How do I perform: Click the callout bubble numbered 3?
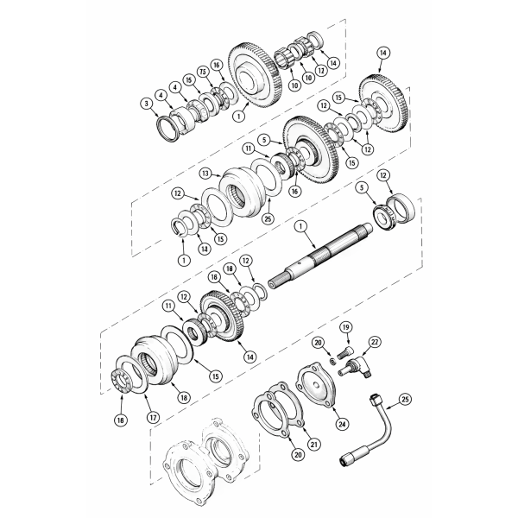tap(148, 104)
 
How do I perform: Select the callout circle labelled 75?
tap(202, 71)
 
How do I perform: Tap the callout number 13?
tap(205, 173)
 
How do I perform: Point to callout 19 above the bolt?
tap(344, 327)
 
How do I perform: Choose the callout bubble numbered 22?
tap(374, 342)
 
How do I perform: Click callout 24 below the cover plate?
tap(342, 423)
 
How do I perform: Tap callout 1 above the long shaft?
tap(301, 226)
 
